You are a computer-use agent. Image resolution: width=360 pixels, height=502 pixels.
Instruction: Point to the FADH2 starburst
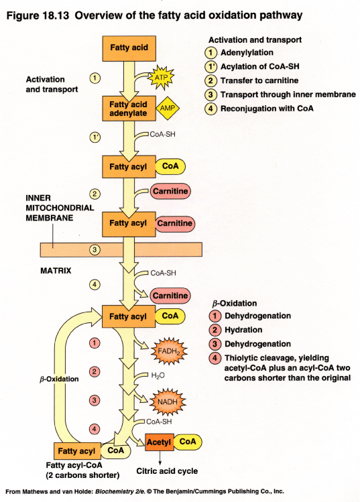pyautogui.click(x=165, y=349)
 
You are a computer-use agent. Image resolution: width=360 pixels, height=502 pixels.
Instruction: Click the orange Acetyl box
pyautogui.click(x=160, y=442)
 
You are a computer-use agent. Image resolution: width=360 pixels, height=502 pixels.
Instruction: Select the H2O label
pyautogui.click(x=158, y=375)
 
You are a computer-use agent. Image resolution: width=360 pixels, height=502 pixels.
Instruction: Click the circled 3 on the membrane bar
pyautogui.click(x=95, y=250)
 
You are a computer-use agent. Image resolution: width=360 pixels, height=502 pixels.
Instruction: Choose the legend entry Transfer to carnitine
pyautogui.click(x=261, y=81)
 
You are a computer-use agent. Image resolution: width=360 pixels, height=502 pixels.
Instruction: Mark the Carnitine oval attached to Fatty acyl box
pyautogui.click(x=175, y=223)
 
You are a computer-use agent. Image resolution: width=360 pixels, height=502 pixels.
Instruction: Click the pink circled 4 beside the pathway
pyautogui.click(x=95, y=428)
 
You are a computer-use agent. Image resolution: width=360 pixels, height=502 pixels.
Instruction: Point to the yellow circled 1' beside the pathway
pyautogui.click(x=95, y=137)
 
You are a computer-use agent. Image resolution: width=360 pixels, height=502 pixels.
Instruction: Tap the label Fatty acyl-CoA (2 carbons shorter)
pyautogui.click(x=82, y=469)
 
